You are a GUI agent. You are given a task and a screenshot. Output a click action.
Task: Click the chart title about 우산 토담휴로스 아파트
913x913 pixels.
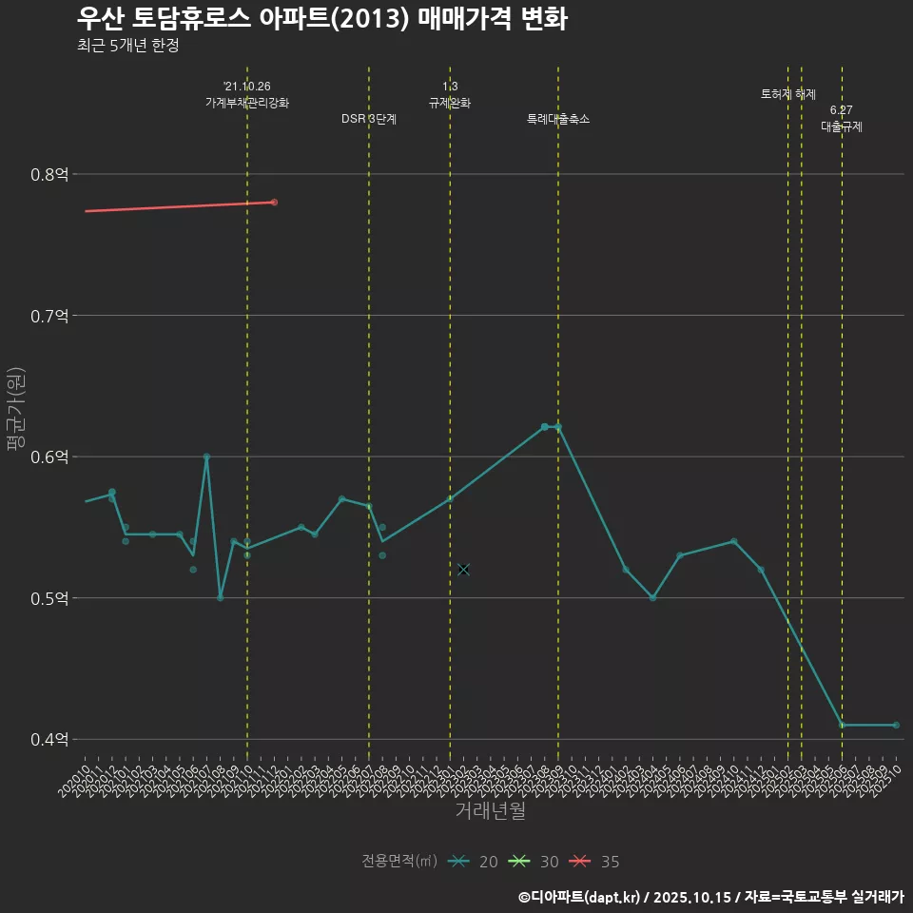321,19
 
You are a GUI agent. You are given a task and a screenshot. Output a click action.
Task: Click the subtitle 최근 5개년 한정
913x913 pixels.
127,46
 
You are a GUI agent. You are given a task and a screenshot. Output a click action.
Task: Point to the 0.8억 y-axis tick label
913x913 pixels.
49,174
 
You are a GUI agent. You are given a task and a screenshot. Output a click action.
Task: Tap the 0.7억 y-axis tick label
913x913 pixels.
49,316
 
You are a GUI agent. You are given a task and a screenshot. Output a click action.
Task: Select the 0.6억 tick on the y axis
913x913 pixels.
49,456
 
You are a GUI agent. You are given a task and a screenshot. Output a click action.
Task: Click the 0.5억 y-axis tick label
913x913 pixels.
49,598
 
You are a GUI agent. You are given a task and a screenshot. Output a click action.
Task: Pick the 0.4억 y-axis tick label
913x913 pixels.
49,739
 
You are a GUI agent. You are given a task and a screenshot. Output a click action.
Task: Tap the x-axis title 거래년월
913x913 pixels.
490,811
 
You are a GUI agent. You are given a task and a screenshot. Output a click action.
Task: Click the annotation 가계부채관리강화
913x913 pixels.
247,103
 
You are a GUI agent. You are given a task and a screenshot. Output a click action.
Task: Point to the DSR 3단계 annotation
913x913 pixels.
369,119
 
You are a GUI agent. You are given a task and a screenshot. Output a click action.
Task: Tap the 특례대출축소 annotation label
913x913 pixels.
558,119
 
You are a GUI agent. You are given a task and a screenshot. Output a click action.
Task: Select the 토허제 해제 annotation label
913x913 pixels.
788,94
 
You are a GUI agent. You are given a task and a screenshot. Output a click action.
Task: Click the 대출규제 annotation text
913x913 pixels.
842,126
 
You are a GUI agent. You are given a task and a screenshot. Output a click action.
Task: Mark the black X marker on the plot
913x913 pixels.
463,570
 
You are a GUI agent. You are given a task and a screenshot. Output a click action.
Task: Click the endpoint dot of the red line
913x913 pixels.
274,203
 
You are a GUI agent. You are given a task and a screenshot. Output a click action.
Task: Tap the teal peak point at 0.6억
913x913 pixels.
206,456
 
